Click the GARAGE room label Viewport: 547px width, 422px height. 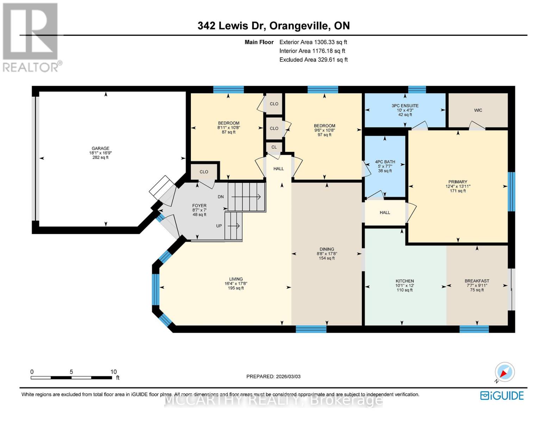point(100,148)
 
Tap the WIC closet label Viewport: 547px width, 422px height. point(478,110)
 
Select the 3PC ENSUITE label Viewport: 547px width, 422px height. point(405,105)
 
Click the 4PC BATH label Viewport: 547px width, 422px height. point(385,162)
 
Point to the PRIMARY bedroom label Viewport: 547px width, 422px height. point(458,182)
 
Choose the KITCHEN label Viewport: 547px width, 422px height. point(404,281)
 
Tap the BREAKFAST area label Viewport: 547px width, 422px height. point(477,281)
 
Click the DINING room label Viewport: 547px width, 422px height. point(327,249)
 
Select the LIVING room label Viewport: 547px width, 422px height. point(236,279)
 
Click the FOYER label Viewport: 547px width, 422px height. point(199,206)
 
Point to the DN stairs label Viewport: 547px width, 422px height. point(221,197)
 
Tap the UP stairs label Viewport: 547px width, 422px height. point(219,226)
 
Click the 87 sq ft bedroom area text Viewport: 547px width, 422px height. point(229,132)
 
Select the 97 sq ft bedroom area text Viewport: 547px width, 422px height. point(324,135)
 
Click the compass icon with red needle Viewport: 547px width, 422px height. point(504,372)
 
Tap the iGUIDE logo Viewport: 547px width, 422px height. point(502,396)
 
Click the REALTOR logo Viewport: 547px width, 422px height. point(31,37)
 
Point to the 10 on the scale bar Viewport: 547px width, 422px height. point(113,372)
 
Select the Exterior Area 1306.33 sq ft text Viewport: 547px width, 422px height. point(313,42)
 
